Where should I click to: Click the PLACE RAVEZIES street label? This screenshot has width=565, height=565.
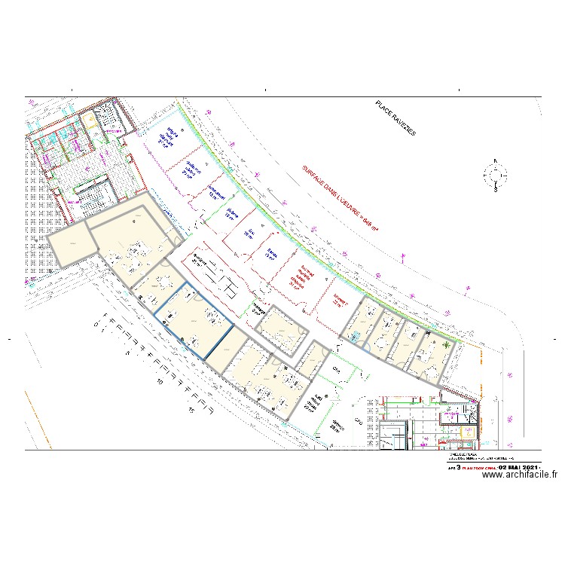coord(395,118)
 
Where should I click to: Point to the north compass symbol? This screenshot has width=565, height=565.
coord(495,176)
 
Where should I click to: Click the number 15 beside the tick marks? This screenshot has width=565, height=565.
coord(192,411)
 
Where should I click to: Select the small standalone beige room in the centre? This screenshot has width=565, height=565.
coord(280,327)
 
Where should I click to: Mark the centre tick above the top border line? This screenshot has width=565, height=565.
coord(266,90)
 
